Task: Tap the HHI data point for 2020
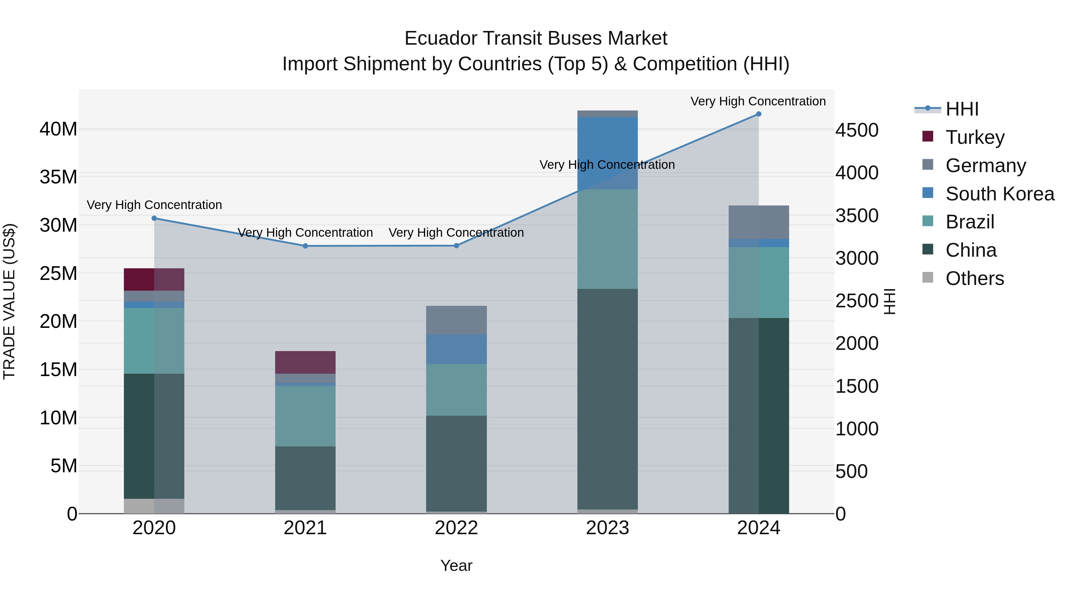[154, 218]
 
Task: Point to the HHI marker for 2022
[456, 246]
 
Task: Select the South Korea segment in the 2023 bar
[607, 153]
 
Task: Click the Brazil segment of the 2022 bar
[456, 389]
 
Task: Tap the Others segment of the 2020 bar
[154, 506]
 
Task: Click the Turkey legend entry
[975, 137]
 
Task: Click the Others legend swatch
[928, 277]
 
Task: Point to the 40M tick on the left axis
[58, 129]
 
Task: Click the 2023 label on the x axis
[607, 528]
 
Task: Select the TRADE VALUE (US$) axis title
[9, 301]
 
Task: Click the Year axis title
[456, 565]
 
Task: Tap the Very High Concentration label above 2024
[758, 101]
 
